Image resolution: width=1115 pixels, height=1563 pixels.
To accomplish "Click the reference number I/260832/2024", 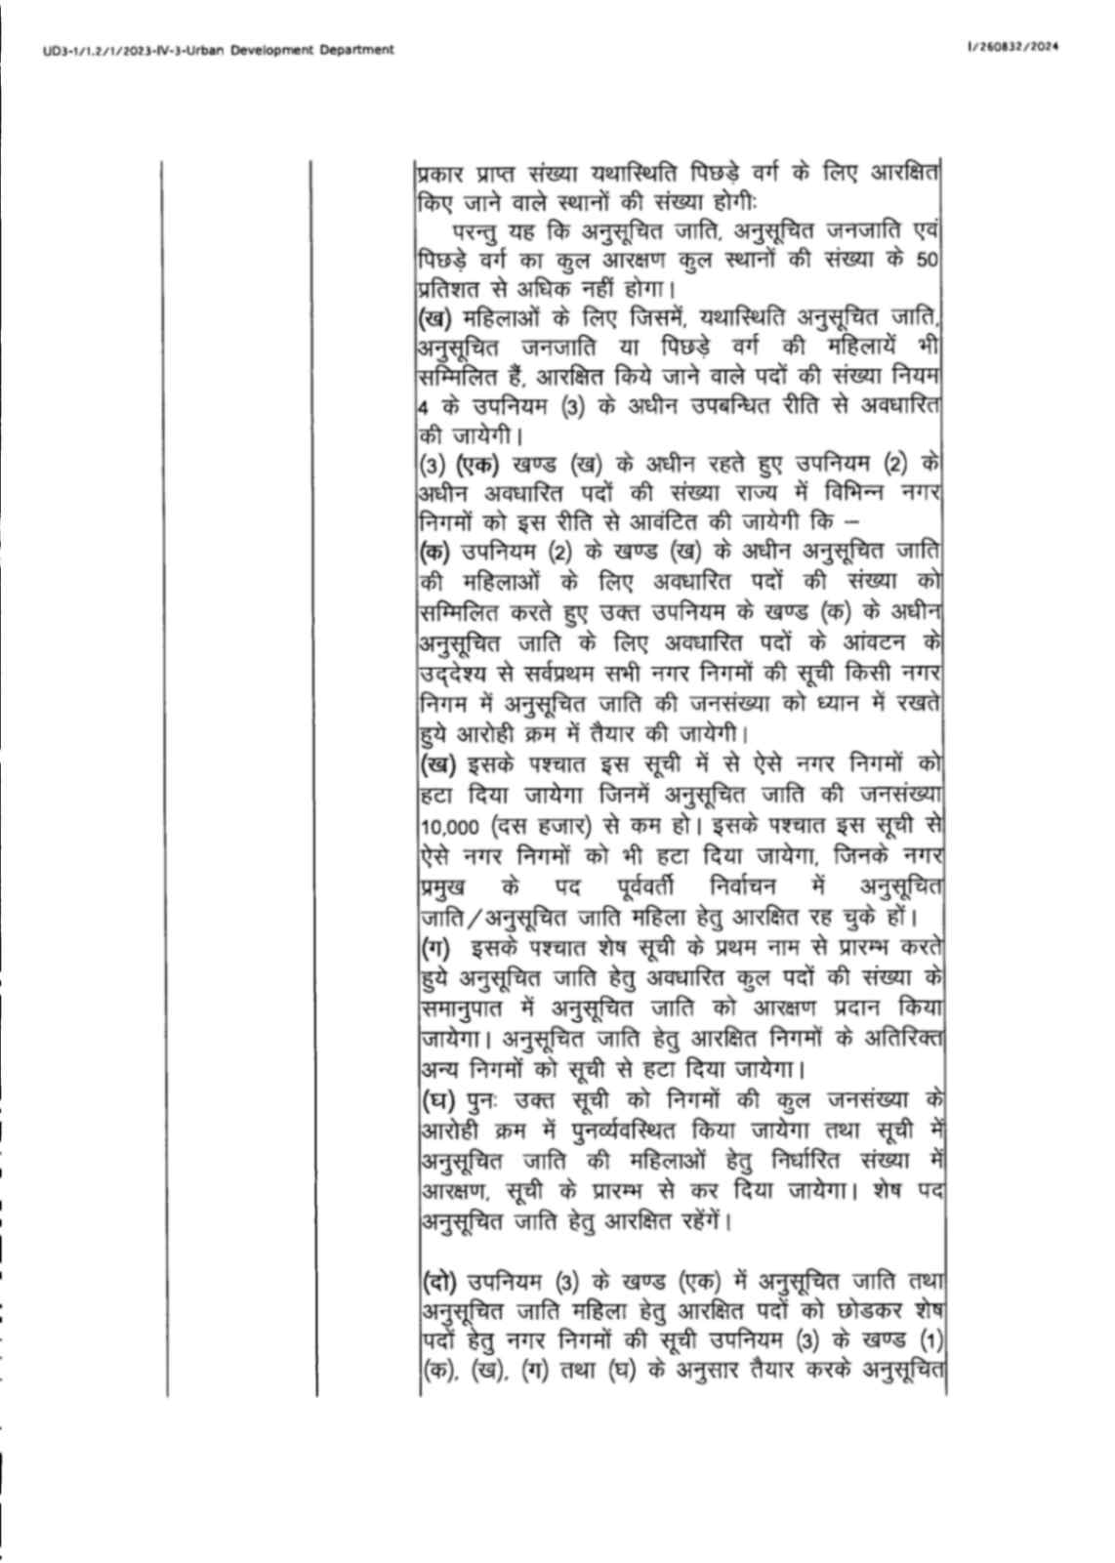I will [x=1011, y=46].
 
